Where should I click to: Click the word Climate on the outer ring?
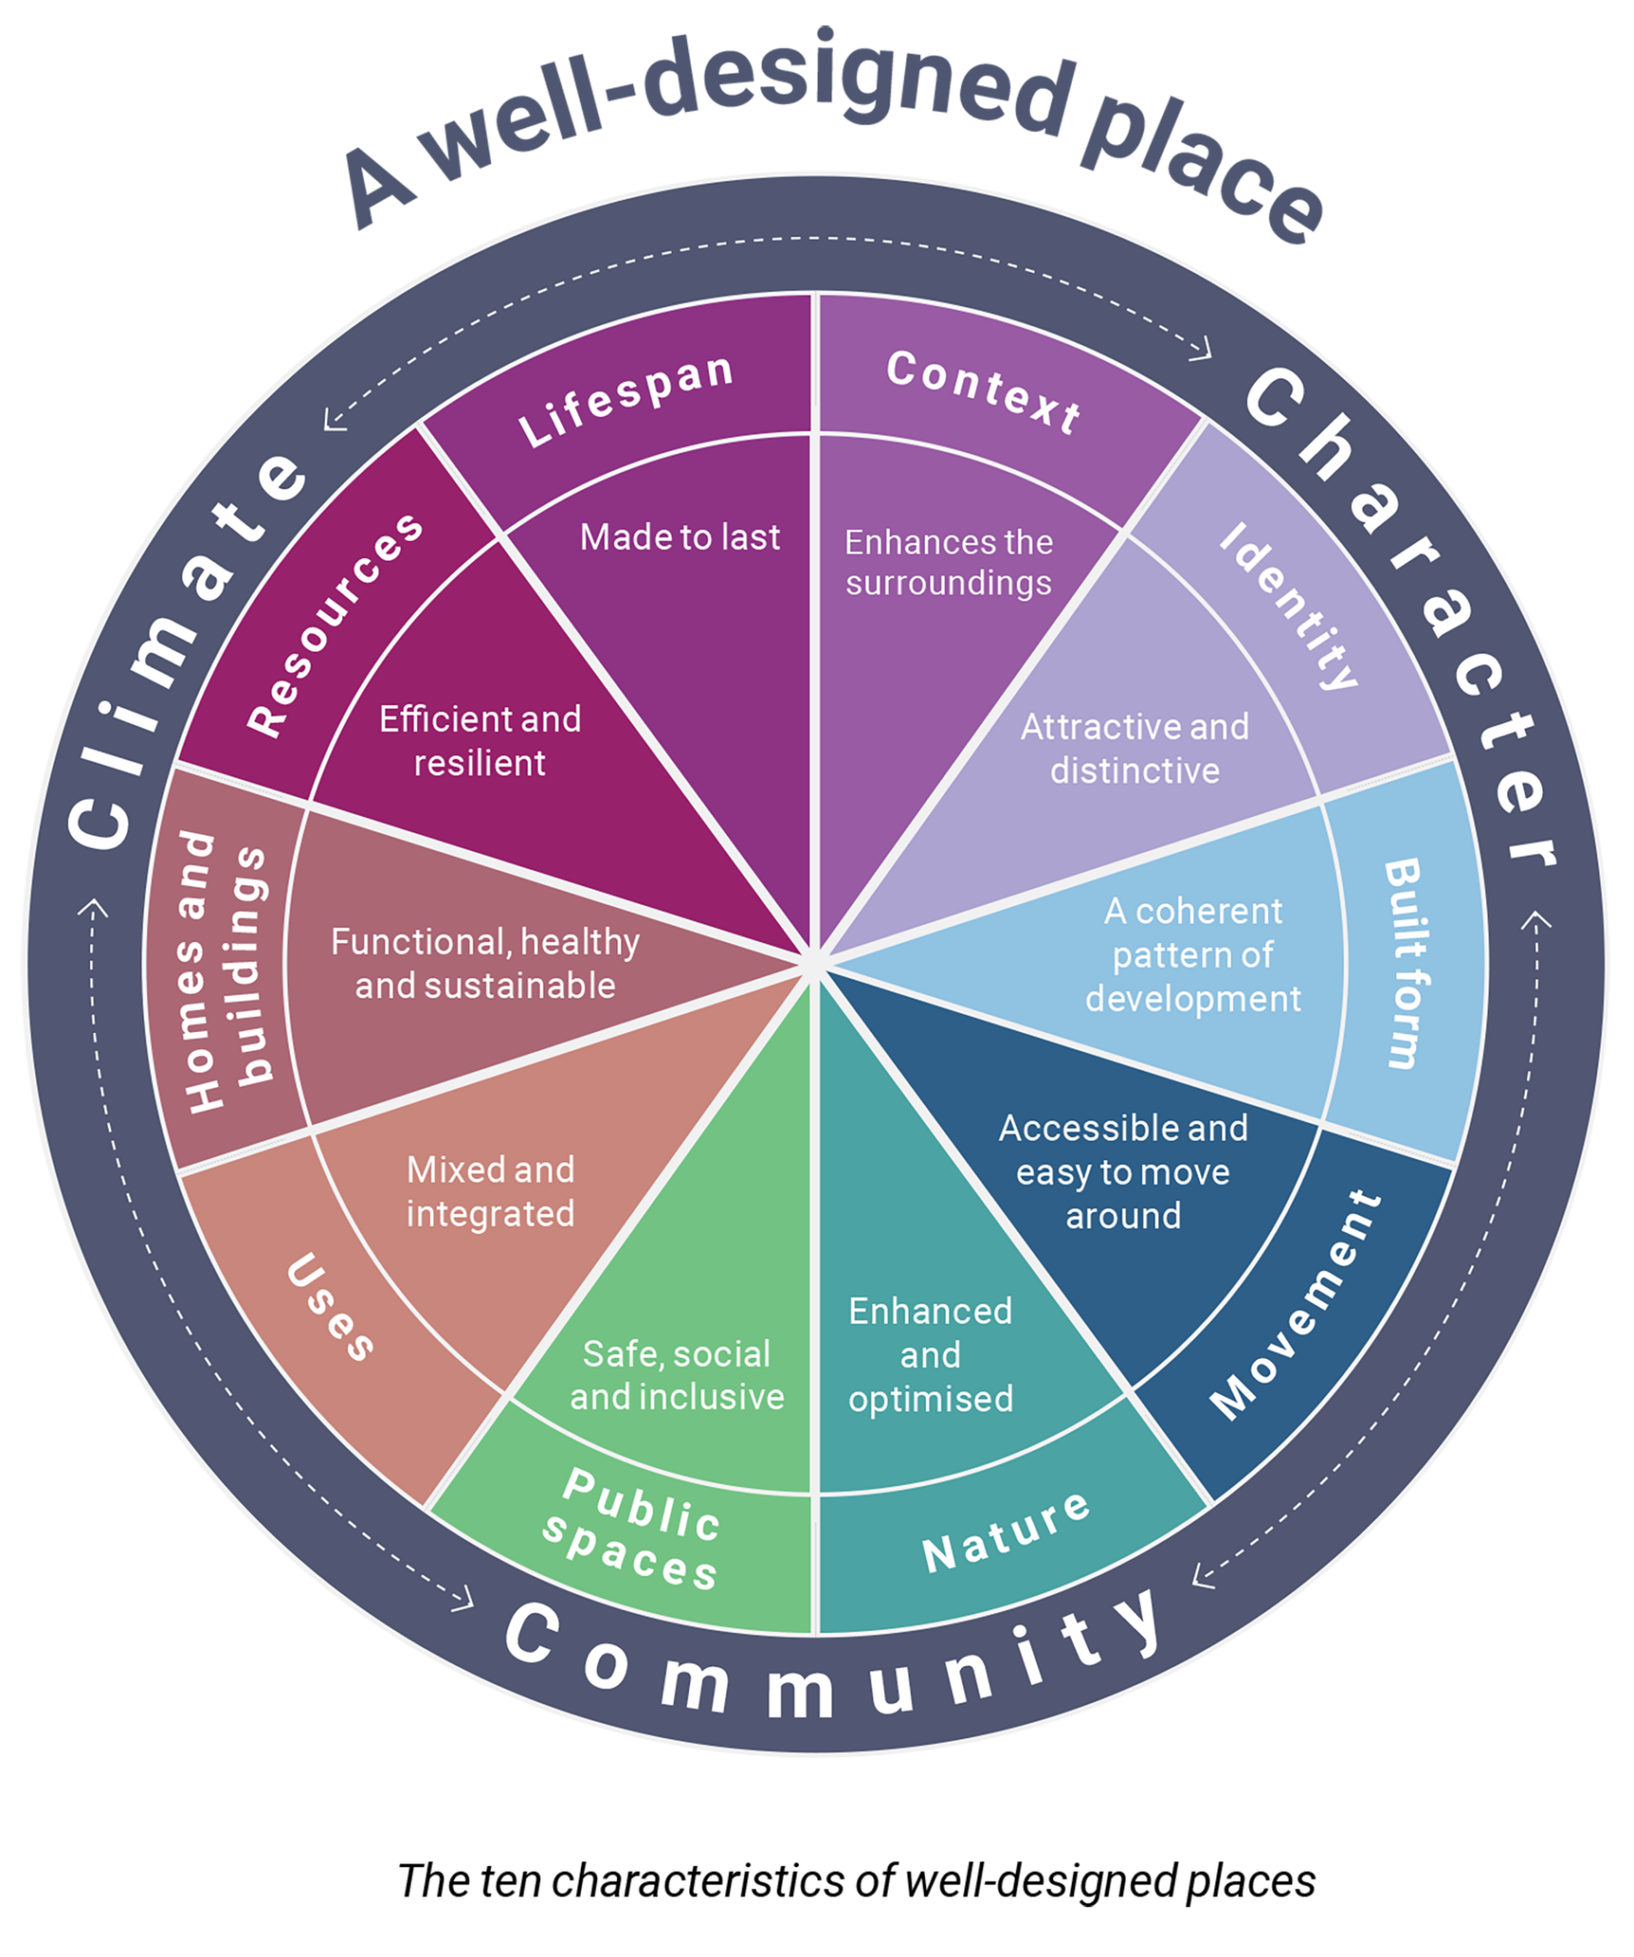182,650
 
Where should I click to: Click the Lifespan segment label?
627,400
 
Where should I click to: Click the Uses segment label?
331,1305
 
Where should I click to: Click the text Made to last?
680,538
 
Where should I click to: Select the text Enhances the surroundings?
949,563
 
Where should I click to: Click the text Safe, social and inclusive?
677,1375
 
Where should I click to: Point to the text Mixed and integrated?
490,1192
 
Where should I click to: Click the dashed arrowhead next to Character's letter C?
1202,350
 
